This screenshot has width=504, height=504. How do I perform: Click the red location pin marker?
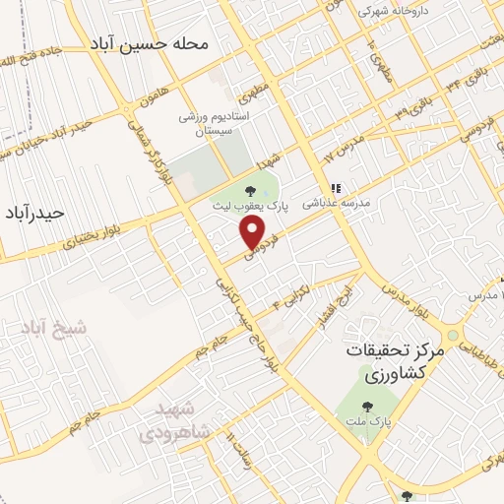click(254, 232)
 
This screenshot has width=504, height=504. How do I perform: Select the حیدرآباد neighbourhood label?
click(34, 213)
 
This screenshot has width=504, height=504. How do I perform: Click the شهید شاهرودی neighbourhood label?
click(168, 419)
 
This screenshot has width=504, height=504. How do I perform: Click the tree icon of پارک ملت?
click(368, 405)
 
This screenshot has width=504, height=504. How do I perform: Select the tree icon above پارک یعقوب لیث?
click(248, 189)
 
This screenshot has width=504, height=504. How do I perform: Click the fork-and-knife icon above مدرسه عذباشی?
click(335, 187)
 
